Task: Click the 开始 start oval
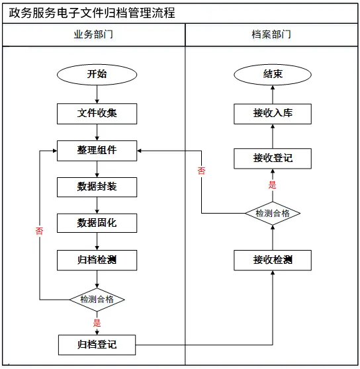pyautogui.click(x=97, y=75)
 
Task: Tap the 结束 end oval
pyautogui.click(x=273, y=75)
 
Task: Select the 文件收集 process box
pyautogui.click(x=97, y=114)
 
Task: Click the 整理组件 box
pyautogui.click(x=97, y=151)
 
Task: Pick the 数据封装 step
pyautogui.click(x=97, y=187)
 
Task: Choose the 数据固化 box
pyautogui.click(x=97, y=223)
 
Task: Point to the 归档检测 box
pyautogui.click(x=97, y=260)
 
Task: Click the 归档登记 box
pyautogui.click(x=97, y=345)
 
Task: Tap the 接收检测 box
pyautogui.click(x=273, y=260)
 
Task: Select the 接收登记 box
pyautogui.click(x=273, y=158)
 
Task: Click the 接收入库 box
pyautogui.click(x=273, y=114)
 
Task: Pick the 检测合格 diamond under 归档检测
pyautogui.click(x=97, y=300)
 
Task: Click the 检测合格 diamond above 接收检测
pyautogui.click(x=273, y=213)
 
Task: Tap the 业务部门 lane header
pyautogui.click(x=93, y=34)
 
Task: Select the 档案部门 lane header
pyautogui.click(x=271, y=34)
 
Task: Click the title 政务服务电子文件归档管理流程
pyautogui.click(x=92, y=13)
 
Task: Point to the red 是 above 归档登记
pyautogui.click(x=97, y=323)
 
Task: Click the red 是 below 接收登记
pyautogui.click(x=273, y=185)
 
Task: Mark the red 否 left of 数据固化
pyautogui.click(x=39, y=231)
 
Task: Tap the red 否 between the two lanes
pyautogui.click(x=201, y=171)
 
